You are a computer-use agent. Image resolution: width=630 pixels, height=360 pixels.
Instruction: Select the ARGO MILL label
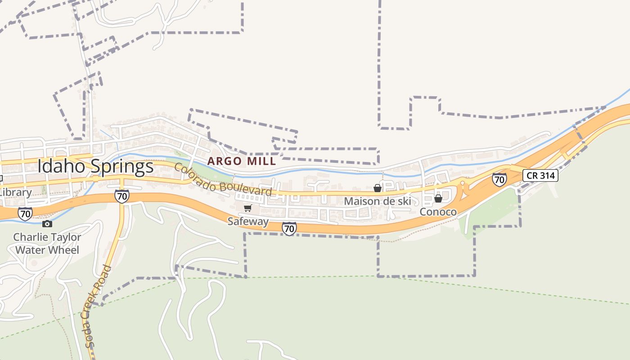(241, 161)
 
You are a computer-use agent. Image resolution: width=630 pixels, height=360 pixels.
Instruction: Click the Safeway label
(248, 221)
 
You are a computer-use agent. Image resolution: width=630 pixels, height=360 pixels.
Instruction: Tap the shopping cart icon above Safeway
(247, 208)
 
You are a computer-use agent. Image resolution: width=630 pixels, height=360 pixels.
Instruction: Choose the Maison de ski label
(378, 201)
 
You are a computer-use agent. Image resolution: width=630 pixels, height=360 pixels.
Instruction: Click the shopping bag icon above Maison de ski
(378, 188)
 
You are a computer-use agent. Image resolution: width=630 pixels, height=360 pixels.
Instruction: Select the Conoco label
(438, 211)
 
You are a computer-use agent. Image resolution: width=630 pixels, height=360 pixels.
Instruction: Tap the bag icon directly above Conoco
(438, 198)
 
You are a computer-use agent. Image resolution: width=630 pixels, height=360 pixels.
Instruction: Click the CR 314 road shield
(540, 175)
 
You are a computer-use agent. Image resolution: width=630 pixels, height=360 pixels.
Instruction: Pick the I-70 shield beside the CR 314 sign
(499, 180)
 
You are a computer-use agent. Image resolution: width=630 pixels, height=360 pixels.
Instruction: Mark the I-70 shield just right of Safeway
(289, 229)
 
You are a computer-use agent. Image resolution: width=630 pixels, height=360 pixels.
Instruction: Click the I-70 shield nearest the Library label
(25, 213)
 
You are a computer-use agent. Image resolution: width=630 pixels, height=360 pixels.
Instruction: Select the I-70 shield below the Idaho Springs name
(121, 196)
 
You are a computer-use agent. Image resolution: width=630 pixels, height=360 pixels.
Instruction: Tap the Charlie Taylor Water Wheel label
(47, 243)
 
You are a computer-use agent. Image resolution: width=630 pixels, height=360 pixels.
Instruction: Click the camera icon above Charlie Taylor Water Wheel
(47, 224)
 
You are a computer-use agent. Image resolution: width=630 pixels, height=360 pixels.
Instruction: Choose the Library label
(16, 193)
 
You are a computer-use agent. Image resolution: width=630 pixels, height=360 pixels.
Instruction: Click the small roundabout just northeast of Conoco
(462, 184)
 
